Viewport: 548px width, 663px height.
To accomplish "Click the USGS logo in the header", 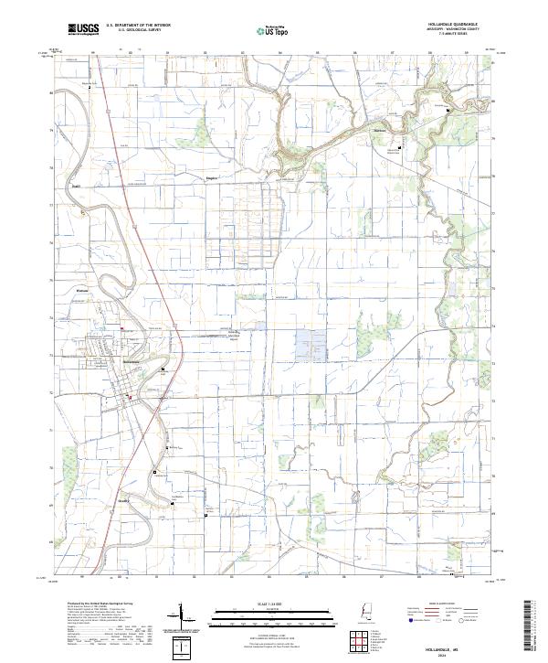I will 83,30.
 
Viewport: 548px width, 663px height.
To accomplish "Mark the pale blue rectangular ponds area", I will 311,346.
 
